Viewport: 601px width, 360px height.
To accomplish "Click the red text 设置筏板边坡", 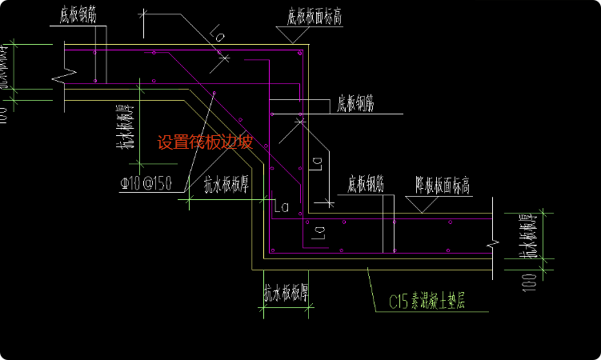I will (x=205, y=143).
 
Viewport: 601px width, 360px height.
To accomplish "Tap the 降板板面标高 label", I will (x=442, y=186).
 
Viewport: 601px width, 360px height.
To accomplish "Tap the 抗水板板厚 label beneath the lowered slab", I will (x=286, y=294).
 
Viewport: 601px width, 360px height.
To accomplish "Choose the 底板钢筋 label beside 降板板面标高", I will (x=366, y=186).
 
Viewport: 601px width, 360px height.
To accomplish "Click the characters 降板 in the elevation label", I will (x=424, y=186).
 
